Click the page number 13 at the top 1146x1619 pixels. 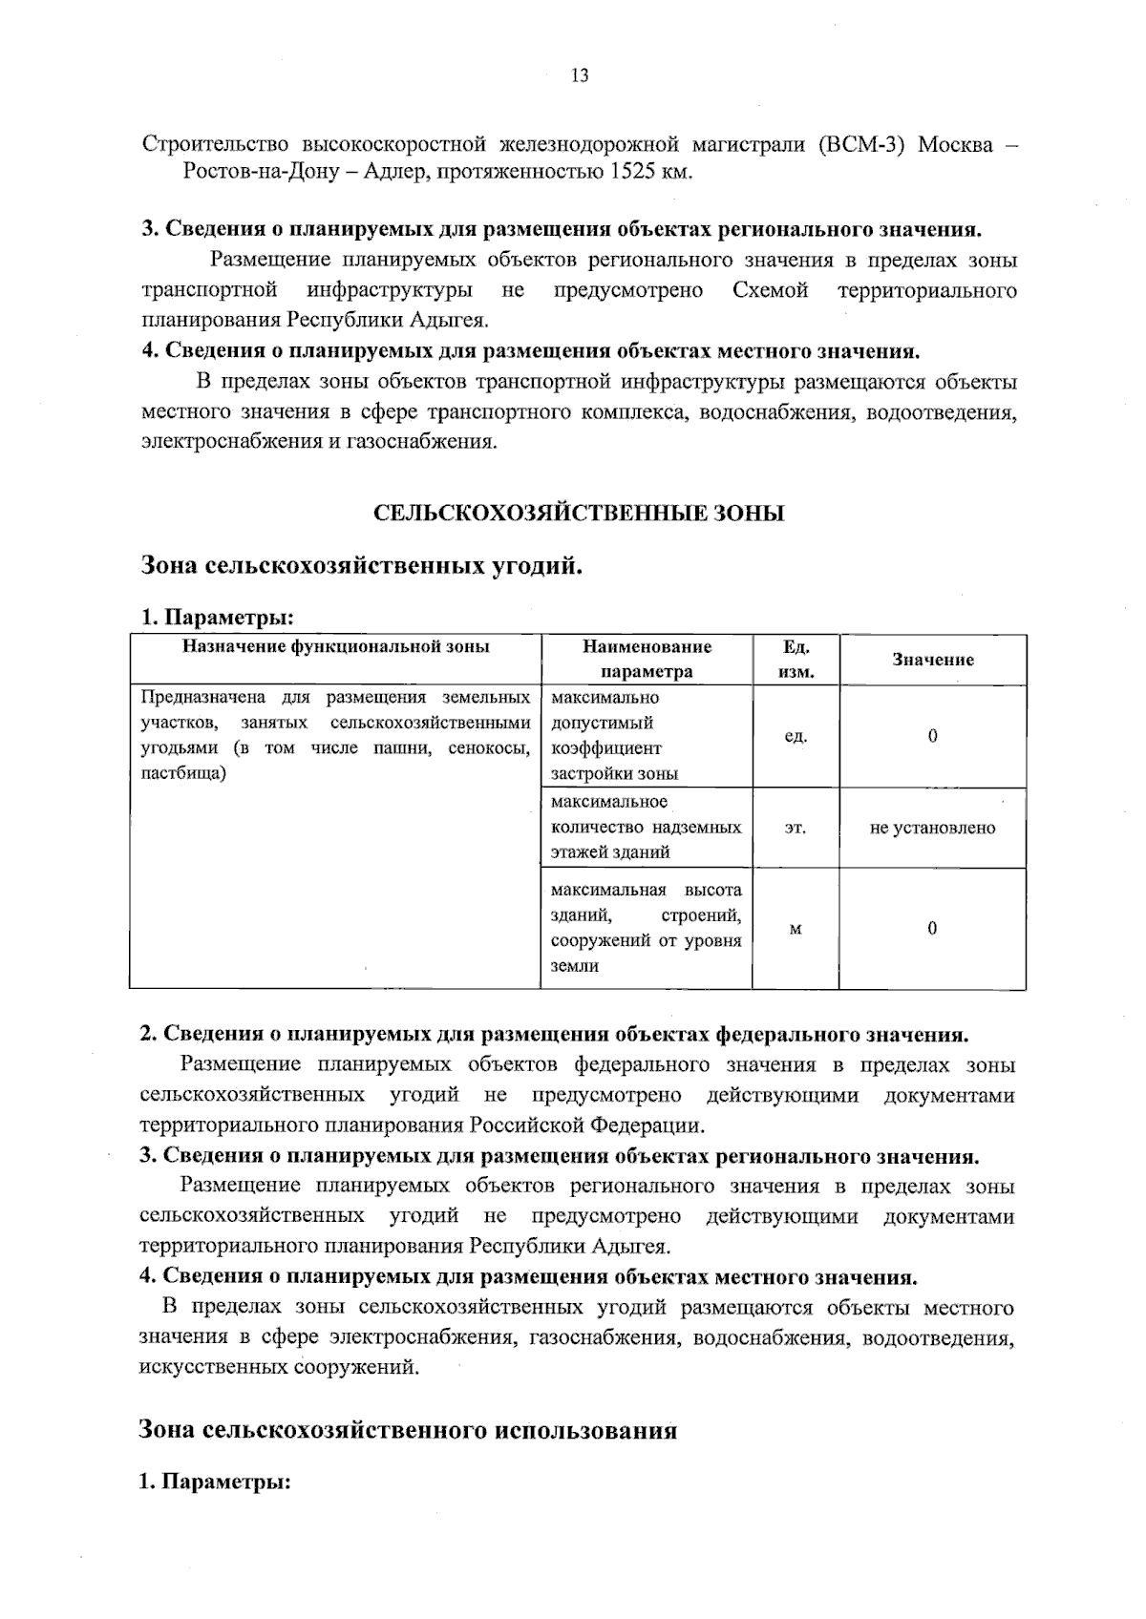click(x=580, y=76)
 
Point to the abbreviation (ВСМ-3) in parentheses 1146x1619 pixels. click(x=860, y=144)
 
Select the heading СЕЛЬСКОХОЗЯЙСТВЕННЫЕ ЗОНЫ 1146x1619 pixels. click(x=578, y=514)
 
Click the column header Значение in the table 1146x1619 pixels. click(x=933, y=660)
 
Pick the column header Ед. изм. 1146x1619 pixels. click(x=796, y=659)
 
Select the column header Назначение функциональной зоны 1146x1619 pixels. click(x=336, y=646)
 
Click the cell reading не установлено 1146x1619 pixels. click(x=932, y=829)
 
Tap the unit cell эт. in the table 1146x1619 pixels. click(x=795, y=829)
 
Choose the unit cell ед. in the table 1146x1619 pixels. click(x=796, y=737)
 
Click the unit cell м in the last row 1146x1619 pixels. click(x=795, y=929)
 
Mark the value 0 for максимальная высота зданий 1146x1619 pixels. click(x=933, y=929)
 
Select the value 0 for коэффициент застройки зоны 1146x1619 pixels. click(x=933, y=737)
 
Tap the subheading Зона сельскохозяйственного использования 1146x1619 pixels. click(x=408, y=1430)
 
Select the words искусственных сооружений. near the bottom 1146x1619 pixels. click(x=279, y=1367)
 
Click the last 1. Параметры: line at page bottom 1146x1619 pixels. click(x=215, y=1482)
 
